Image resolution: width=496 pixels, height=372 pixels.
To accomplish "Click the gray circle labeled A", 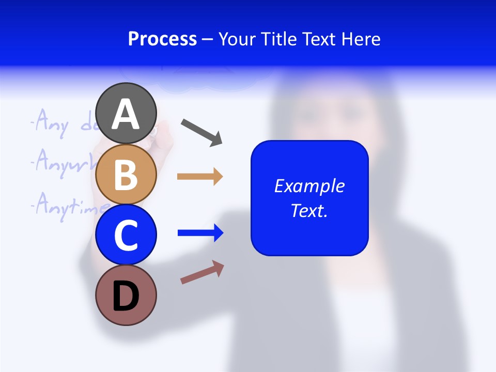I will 126,113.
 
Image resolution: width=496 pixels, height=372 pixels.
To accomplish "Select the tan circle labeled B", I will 126,174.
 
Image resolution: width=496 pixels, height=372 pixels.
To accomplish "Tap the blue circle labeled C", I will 126,235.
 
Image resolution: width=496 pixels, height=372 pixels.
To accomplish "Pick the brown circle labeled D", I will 126,295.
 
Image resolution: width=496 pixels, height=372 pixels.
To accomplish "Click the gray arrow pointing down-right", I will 202,132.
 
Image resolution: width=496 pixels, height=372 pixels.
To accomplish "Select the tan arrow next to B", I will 199,177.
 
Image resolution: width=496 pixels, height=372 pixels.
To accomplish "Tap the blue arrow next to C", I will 200,233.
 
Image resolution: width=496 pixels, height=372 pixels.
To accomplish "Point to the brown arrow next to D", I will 202,272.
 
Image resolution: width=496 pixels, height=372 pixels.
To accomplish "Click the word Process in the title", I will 162,39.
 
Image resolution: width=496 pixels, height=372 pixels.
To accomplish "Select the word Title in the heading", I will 279,39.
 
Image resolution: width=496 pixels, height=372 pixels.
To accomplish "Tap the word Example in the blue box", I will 309,186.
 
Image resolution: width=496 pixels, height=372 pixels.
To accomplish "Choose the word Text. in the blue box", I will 309,210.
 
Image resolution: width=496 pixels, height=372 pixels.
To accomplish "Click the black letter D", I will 126,297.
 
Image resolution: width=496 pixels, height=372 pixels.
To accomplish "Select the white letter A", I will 126,114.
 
